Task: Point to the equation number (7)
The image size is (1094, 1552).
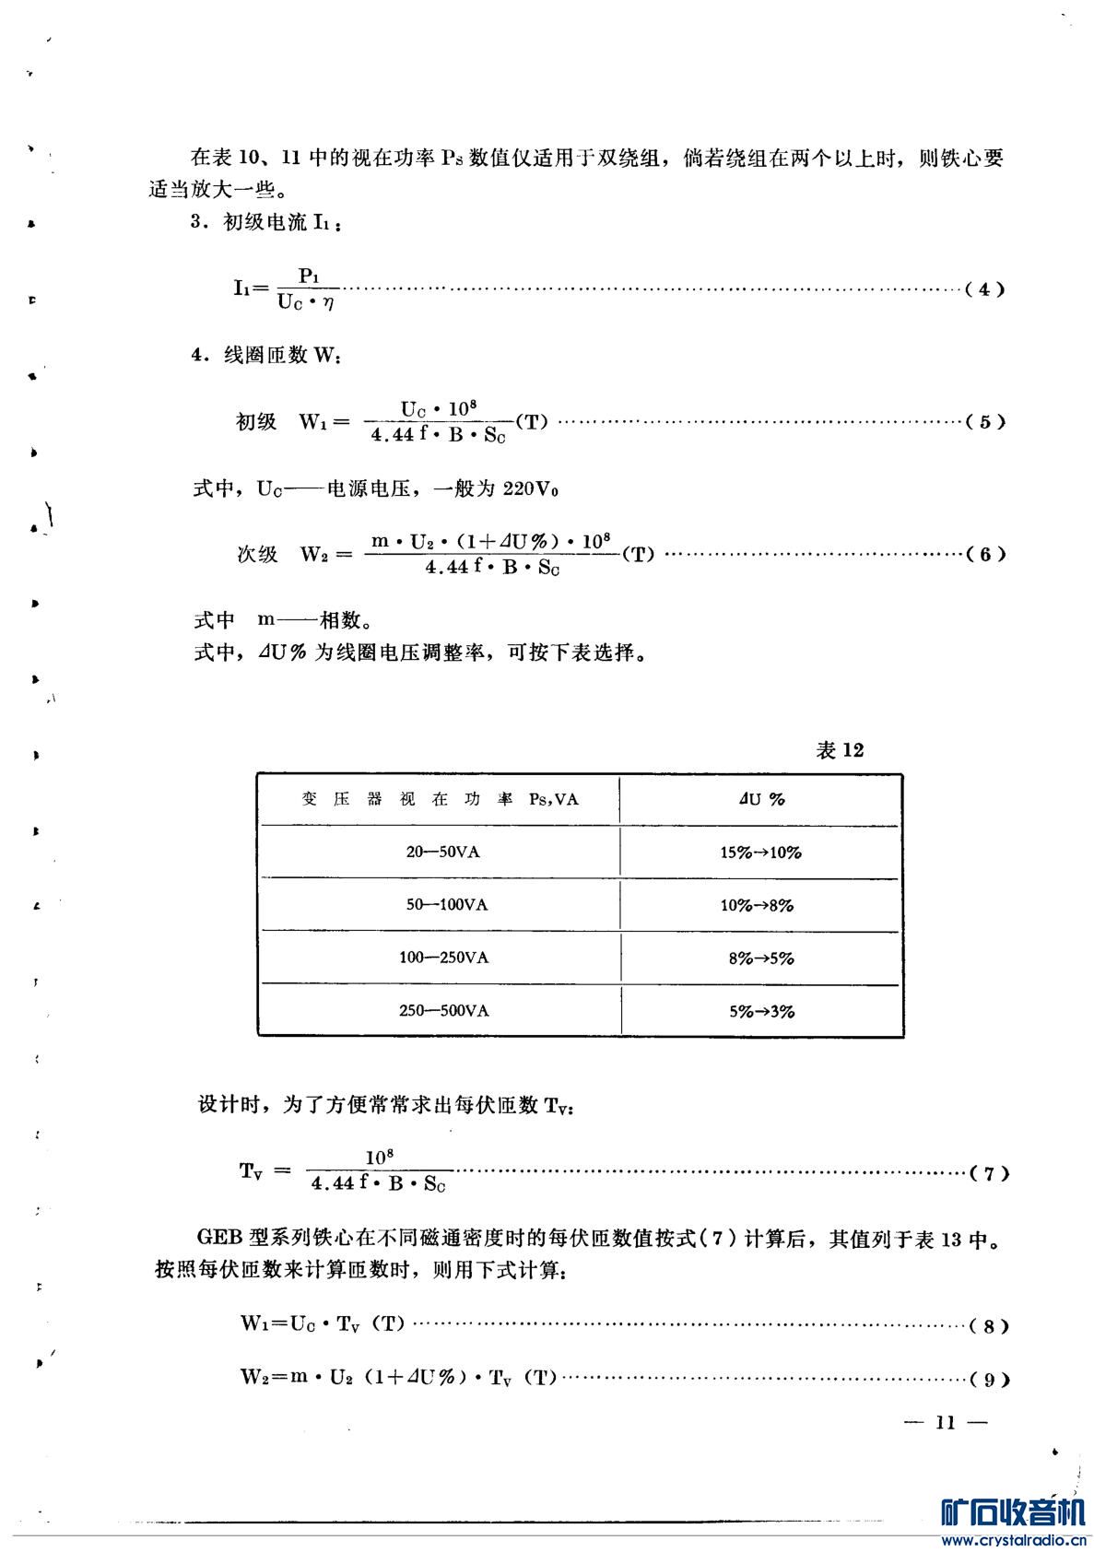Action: (990, 1174)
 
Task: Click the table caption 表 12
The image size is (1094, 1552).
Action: (840, 750)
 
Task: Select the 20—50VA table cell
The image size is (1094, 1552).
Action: (442, 852)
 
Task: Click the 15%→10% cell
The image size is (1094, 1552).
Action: (760, 852)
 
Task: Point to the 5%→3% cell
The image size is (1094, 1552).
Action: (761, 1011)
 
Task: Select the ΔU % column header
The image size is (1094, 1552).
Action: (761, 799)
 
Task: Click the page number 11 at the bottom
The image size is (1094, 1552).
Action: (946, 1423)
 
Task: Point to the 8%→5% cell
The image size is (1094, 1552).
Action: (761, 958)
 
